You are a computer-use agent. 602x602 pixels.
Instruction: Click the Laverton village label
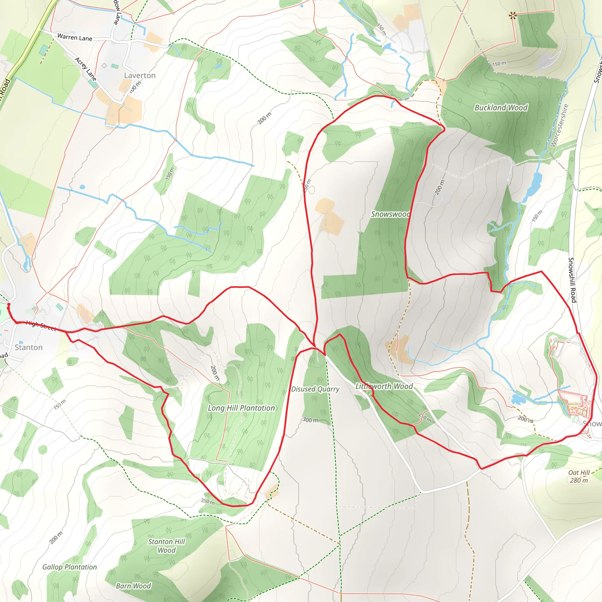140,76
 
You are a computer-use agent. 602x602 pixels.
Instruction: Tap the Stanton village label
29,347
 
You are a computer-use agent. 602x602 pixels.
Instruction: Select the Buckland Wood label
501,108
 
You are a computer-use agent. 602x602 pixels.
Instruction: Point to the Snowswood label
390,214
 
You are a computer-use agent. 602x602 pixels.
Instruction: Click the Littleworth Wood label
384,386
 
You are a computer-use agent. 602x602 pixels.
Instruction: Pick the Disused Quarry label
315,389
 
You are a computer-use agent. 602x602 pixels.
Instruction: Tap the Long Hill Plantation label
241,408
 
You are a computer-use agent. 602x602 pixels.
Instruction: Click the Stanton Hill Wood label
166,546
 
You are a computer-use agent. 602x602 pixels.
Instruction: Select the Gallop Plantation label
69,567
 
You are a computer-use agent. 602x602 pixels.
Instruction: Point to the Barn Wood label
133,586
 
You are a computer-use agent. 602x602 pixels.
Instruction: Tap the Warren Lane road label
75,37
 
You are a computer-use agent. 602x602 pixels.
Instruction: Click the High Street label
41,326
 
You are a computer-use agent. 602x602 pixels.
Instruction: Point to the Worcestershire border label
559,125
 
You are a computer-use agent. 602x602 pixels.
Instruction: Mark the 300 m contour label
310,420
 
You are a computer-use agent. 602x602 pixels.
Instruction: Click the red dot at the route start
9,304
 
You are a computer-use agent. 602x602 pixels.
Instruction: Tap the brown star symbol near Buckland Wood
512,15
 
